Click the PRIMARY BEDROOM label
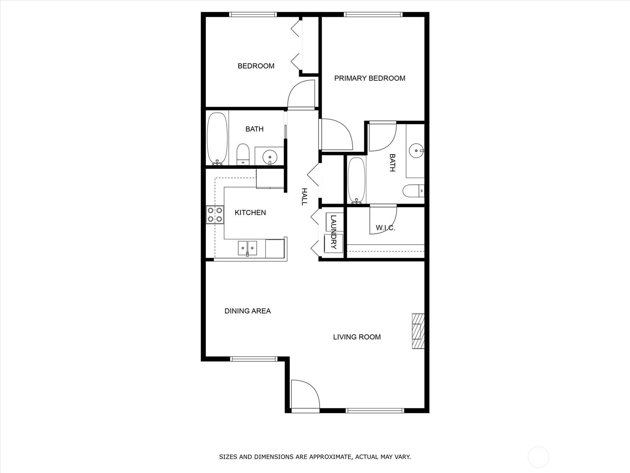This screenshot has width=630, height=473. tap(370, 78)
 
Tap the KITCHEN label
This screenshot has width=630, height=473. tap(250, 212)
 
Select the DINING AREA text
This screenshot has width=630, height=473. tap(247, 311)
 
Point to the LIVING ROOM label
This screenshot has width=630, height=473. tap(357, 337)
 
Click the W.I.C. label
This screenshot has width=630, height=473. tap(385, 228)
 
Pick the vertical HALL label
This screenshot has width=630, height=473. tap(304, 197)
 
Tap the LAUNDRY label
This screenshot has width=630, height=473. tap(333, 232)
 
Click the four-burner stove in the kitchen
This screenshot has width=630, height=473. tap(215, 214)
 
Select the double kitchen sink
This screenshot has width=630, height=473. tap(247, 248)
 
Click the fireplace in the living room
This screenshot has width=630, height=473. tap(418, 331)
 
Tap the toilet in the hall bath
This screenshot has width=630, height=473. tap(243, 155)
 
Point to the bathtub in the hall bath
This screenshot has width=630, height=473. tap(217, 139)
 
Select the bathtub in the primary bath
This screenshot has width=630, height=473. tap(356, 181)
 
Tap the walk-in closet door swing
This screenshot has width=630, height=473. tap(383, 220)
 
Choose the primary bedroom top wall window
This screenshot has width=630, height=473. tap(373, 14)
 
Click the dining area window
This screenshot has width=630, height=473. tap(254, 359)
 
